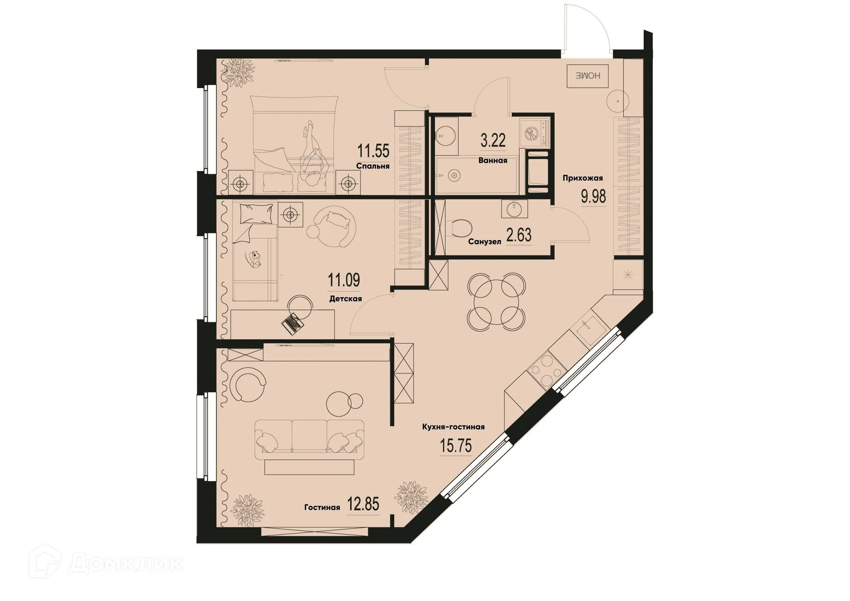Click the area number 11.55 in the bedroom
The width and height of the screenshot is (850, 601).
(x=373, y=151)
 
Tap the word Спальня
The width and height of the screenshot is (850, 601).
(x=373, y=167)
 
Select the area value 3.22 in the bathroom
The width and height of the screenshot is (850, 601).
(x=493, y=141)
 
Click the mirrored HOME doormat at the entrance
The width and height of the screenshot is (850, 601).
(x=587, y=76)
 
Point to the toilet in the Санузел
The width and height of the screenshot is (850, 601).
(x=459, y=229)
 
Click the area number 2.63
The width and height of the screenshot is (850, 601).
(x=518, y=235)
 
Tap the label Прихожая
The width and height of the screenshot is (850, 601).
(x=583, y=178)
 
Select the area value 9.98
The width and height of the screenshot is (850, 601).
(x=593, y=196)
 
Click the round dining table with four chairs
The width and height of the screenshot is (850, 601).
(x=497, y=302)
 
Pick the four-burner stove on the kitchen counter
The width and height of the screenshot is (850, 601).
(x=547, y=370)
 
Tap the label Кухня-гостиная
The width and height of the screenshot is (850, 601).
(x=453, y=427)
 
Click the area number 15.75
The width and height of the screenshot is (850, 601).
(x=456, y=446)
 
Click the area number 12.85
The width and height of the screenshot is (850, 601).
(x=363, y=504)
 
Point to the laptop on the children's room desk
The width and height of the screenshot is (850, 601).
(x=293, y=324)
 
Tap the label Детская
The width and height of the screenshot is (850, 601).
(x=345, y=299)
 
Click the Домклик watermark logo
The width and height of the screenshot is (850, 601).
(x=106, y=563)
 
